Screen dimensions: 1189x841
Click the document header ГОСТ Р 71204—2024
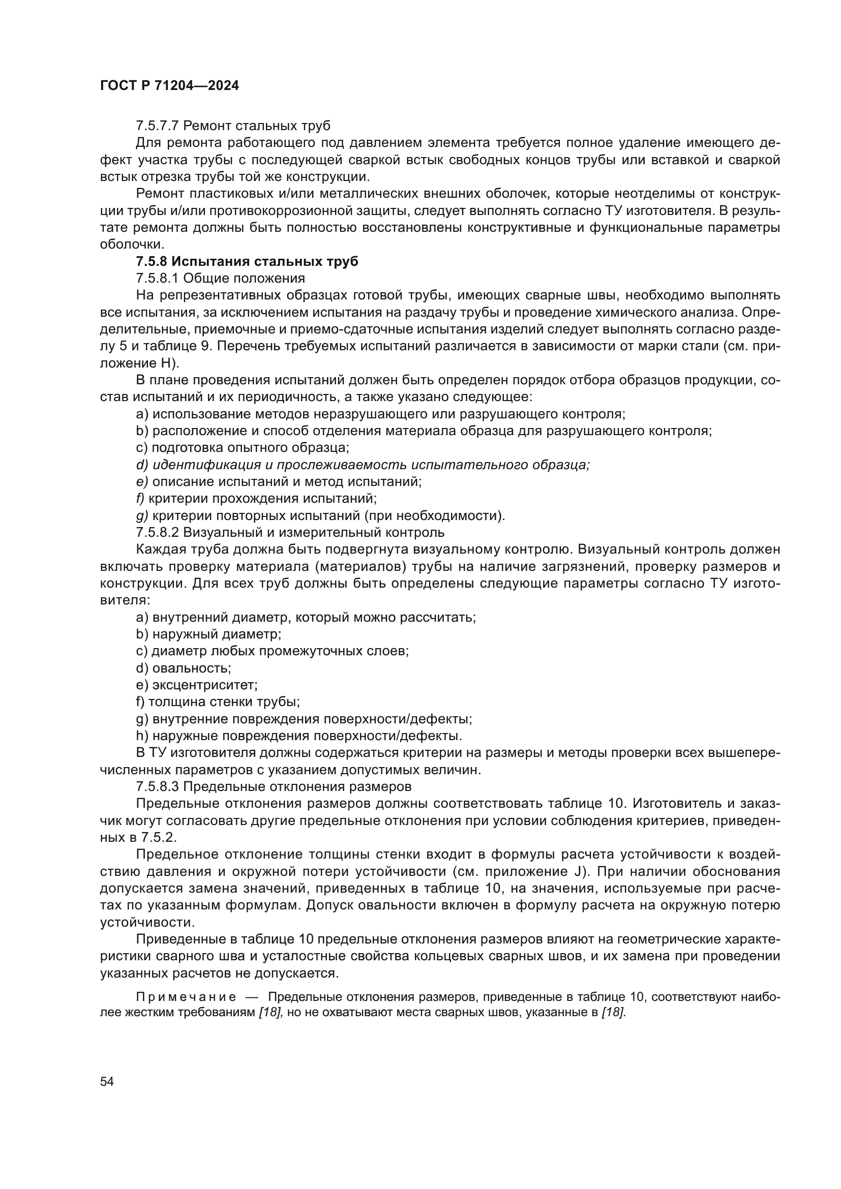169,86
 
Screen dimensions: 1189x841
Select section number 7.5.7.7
158,126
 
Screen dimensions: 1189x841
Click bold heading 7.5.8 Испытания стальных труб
247,261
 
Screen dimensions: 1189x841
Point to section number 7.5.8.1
158,279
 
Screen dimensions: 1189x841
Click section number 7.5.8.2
158,532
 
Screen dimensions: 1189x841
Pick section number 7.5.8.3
158,786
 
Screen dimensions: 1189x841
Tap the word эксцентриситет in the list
204,685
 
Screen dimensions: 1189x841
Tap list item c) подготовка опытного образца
243,448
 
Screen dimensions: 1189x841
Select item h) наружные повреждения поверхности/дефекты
299,736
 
